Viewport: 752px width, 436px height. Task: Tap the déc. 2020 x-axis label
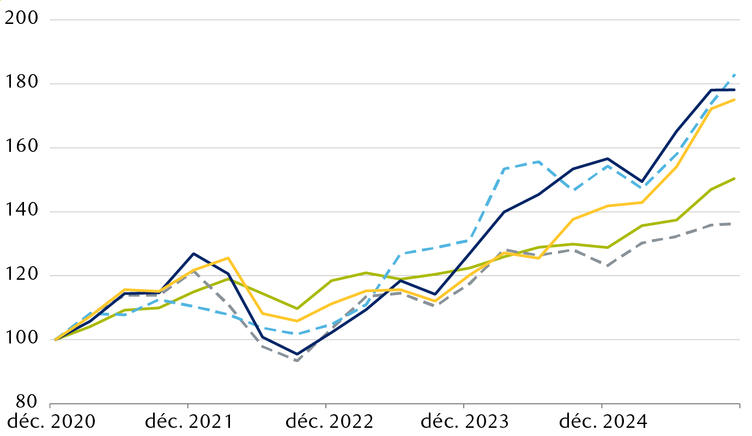(x=50, y=422)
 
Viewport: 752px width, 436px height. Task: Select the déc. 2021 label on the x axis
(x=187, y=422)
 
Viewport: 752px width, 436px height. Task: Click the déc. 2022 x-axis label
(x=325, y=422)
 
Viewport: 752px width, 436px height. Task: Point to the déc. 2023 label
(x=463, y=422)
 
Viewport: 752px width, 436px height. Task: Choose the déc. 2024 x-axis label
(x=601, y=422)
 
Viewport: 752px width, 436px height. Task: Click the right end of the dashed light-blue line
(x=735, y=75)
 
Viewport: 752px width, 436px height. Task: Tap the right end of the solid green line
(x=735, y=178)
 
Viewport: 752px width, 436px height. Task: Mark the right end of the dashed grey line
(x=735, y=224)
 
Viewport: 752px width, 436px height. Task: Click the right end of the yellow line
(x=735, y=100)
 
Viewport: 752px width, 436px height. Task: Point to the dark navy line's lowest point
(x=297, y=354)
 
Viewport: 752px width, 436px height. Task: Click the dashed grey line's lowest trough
(x=297, y=360)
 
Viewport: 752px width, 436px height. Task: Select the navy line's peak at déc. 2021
(x=193, y=254)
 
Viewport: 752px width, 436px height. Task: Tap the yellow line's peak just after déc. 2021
(x=228, y=257)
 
